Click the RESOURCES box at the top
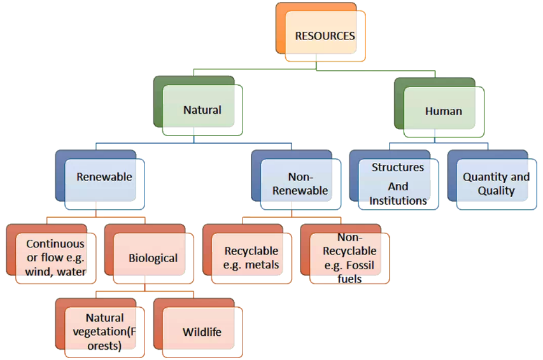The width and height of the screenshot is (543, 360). point(325,36)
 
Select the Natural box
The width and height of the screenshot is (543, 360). point(202,110)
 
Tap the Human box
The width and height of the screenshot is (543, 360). point(443,111)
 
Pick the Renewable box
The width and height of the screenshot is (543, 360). point(104,177)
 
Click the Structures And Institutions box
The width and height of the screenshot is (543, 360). point(398,184)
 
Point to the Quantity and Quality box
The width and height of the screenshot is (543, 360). point(496,184)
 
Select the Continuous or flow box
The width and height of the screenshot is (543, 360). point(55,258)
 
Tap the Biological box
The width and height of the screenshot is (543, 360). point(153,258)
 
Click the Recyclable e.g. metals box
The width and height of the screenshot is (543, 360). point(251,258)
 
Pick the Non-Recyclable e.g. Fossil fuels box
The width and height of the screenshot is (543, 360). point(349,258)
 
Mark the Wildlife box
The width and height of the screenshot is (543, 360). point(202,332)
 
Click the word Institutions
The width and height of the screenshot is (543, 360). point(398,201)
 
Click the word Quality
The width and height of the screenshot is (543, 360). point(496,191)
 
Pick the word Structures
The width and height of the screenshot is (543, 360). point(398,167)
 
